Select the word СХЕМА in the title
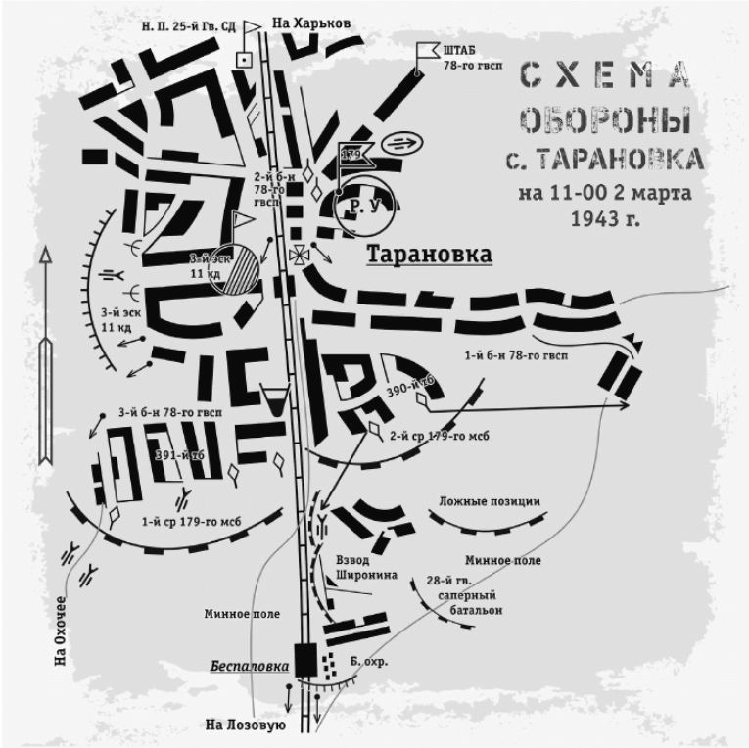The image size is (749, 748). [x=604, y=74]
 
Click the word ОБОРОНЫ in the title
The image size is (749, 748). [x=604, y=120]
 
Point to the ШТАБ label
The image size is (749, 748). [x=462, y=49]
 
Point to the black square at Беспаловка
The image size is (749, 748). [x=304, y=661]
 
